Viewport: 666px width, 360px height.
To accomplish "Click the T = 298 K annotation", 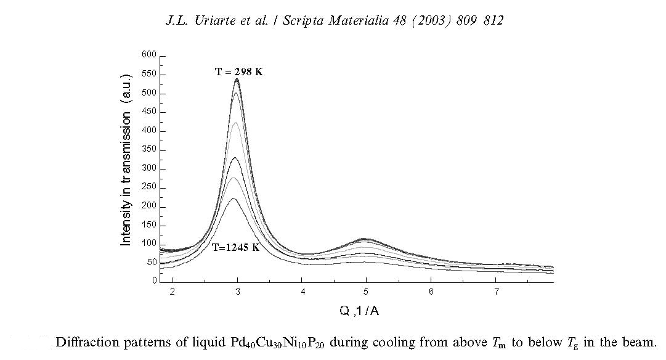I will click(238, 72).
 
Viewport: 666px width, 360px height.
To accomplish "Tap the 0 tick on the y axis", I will click(155, 281).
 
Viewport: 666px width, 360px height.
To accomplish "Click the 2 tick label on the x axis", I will click(173, 292).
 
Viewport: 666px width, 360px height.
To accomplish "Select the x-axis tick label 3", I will click(237, 292).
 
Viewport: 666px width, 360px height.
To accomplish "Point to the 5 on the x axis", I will click(366, 292).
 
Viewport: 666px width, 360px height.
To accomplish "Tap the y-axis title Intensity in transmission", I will click(126, 179).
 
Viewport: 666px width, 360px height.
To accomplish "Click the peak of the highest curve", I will click(237, 79).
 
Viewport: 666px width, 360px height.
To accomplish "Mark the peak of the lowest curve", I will click(234, 198).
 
